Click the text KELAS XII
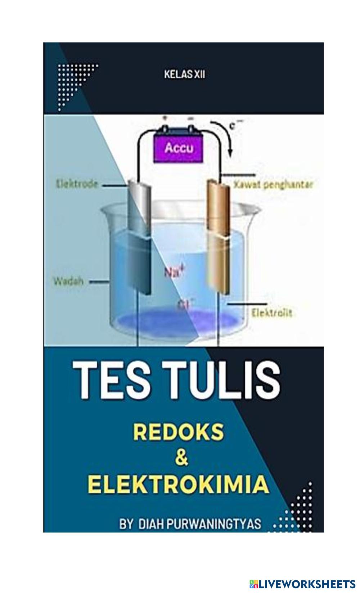tap(185, 75)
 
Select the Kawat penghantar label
tap(274, 185)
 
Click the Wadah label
tap(68, 281)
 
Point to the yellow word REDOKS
tap(179, 432)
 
